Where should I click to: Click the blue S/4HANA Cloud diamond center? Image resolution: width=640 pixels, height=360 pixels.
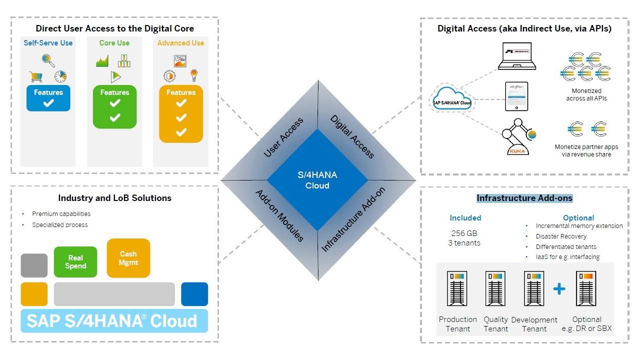[317, 180]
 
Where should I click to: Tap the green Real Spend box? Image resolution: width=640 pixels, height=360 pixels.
[75, 261]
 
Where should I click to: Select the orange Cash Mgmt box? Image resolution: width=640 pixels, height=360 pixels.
[128, 258]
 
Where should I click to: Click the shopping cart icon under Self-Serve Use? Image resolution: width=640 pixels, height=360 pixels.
[35, 76]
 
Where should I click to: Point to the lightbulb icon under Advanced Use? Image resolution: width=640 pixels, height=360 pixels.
[194, 75]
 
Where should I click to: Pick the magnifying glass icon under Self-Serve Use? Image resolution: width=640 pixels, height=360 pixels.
[48, 60]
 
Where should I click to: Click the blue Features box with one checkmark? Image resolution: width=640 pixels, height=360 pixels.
[48, 98]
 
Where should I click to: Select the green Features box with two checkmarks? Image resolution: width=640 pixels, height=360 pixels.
[114, 106]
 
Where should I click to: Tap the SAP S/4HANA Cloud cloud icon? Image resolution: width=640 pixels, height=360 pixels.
[452, 98]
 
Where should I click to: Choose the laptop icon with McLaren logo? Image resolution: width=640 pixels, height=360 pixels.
[517, 56]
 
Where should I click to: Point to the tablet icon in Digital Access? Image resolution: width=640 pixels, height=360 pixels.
[517, 96]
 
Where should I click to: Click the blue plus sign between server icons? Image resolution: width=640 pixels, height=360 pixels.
[559, 288]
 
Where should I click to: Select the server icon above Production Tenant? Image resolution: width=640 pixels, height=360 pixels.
[457, 288]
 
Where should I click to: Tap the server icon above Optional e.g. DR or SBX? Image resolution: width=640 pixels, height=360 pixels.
[586, 288]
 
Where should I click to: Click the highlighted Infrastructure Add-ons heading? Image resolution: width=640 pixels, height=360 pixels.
[524, 198]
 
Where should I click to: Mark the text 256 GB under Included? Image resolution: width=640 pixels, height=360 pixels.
[464, 233]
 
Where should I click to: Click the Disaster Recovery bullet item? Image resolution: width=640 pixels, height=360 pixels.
[561, 236]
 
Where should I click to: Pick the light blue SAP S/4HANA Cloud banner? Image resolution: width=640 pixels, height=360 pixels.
[114, 320]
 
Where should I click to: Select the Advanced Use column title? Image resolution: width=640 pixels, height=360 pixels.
[180, 43]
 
